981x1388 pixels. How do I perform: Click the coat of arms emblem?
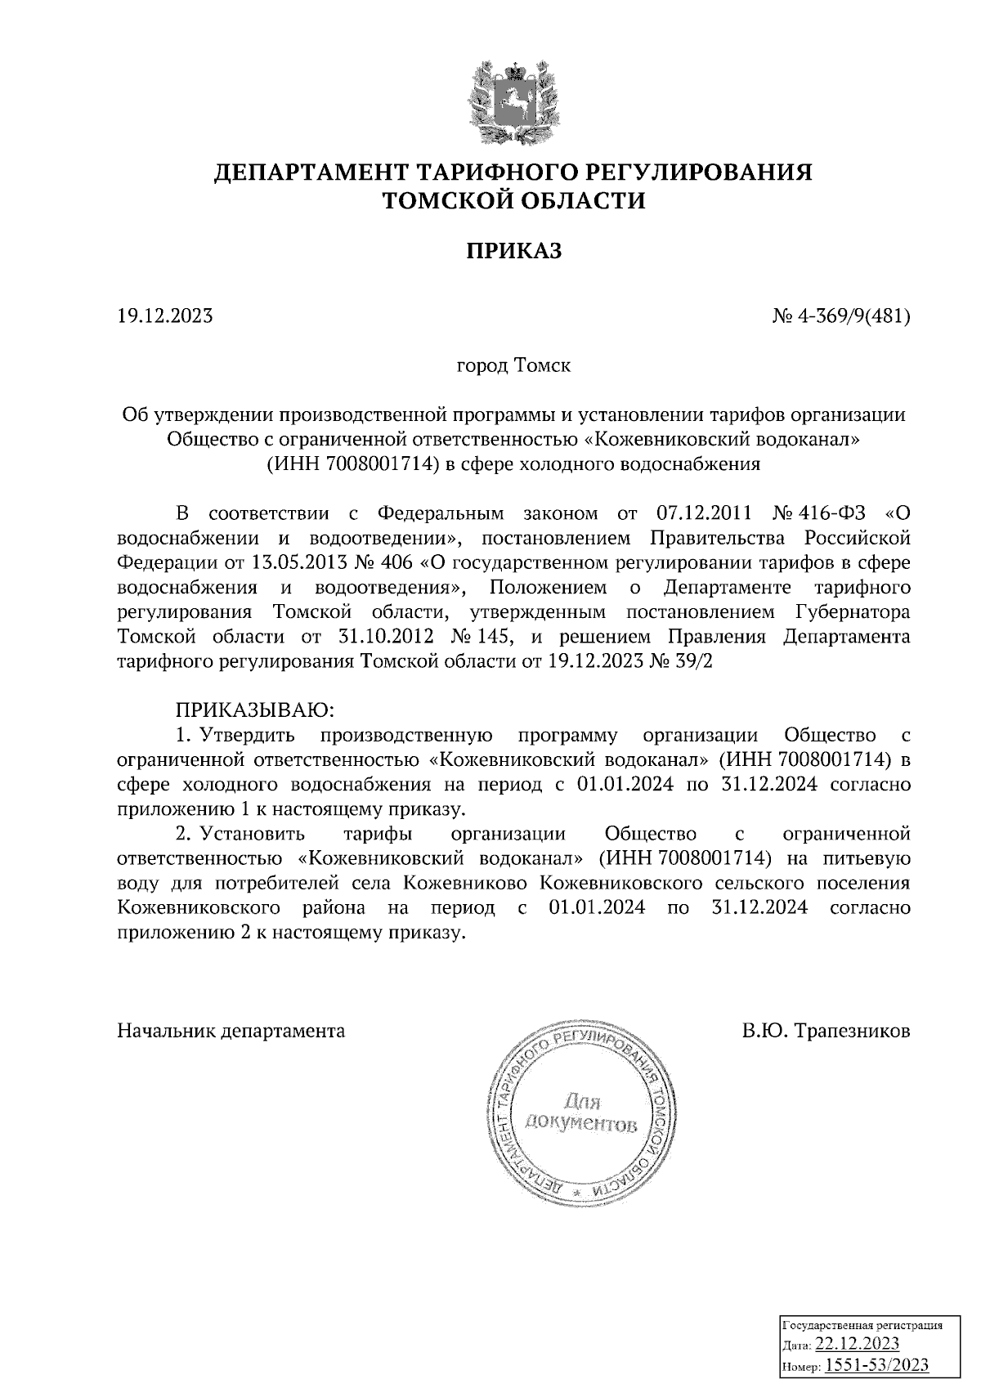(x=513, y=101)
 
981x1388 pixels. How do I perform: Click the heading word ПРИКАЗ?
(x=513, y=251)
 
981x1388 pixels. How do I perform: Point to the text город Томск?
(x=513, y=365)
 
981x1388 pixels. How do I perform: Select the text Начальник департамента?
(x=231, y=1031)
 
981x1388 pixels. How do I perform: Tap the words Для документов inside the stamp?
(x=581, y=1113)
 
